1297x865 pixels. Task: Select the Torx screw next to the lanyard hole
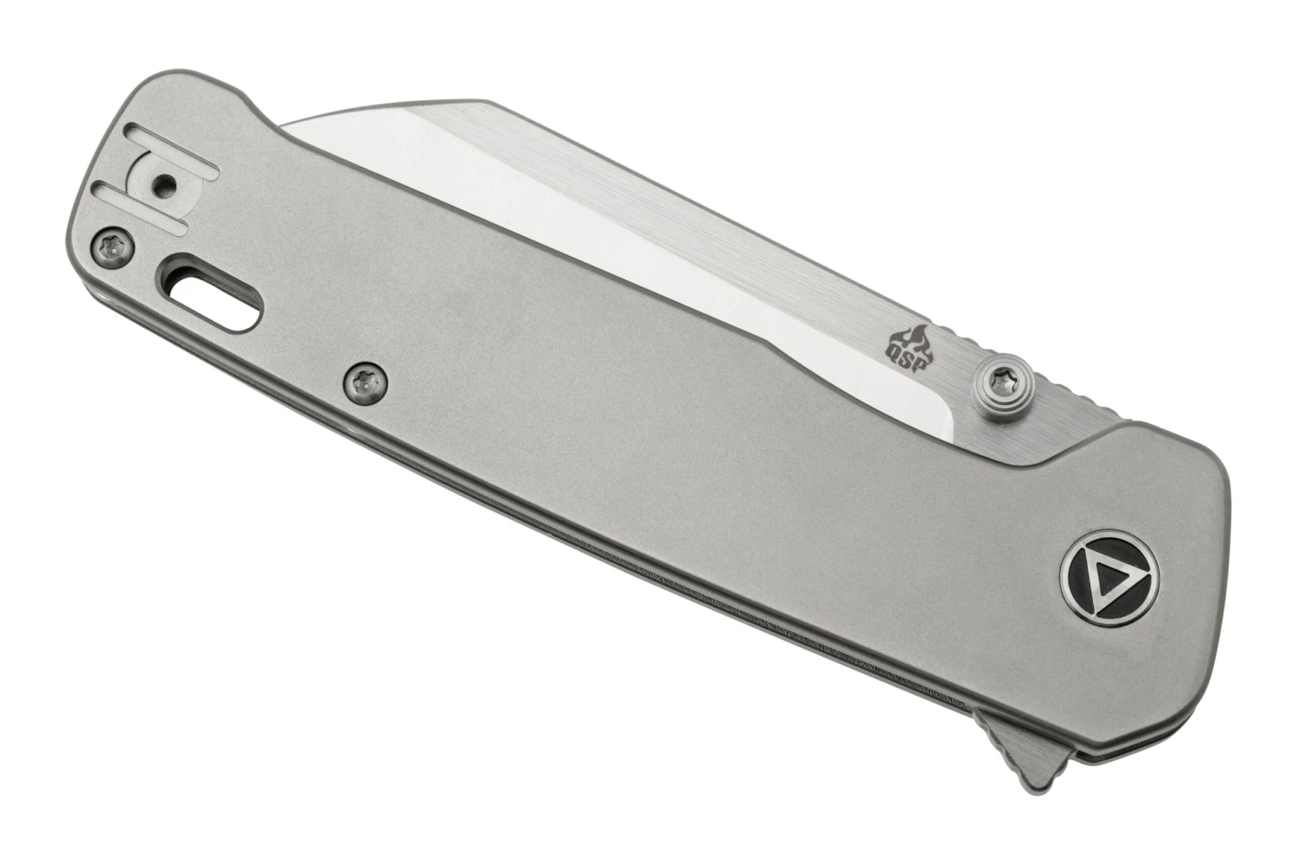(112, 247)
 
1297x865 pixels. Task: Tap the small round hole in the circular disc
(165, 183)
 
